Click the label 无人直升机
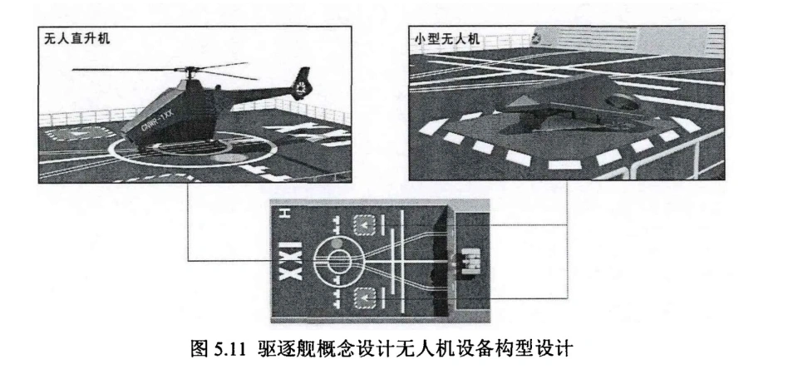click(x=73, y=39)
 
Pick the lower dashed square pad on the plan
click(x=363, y=298)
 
